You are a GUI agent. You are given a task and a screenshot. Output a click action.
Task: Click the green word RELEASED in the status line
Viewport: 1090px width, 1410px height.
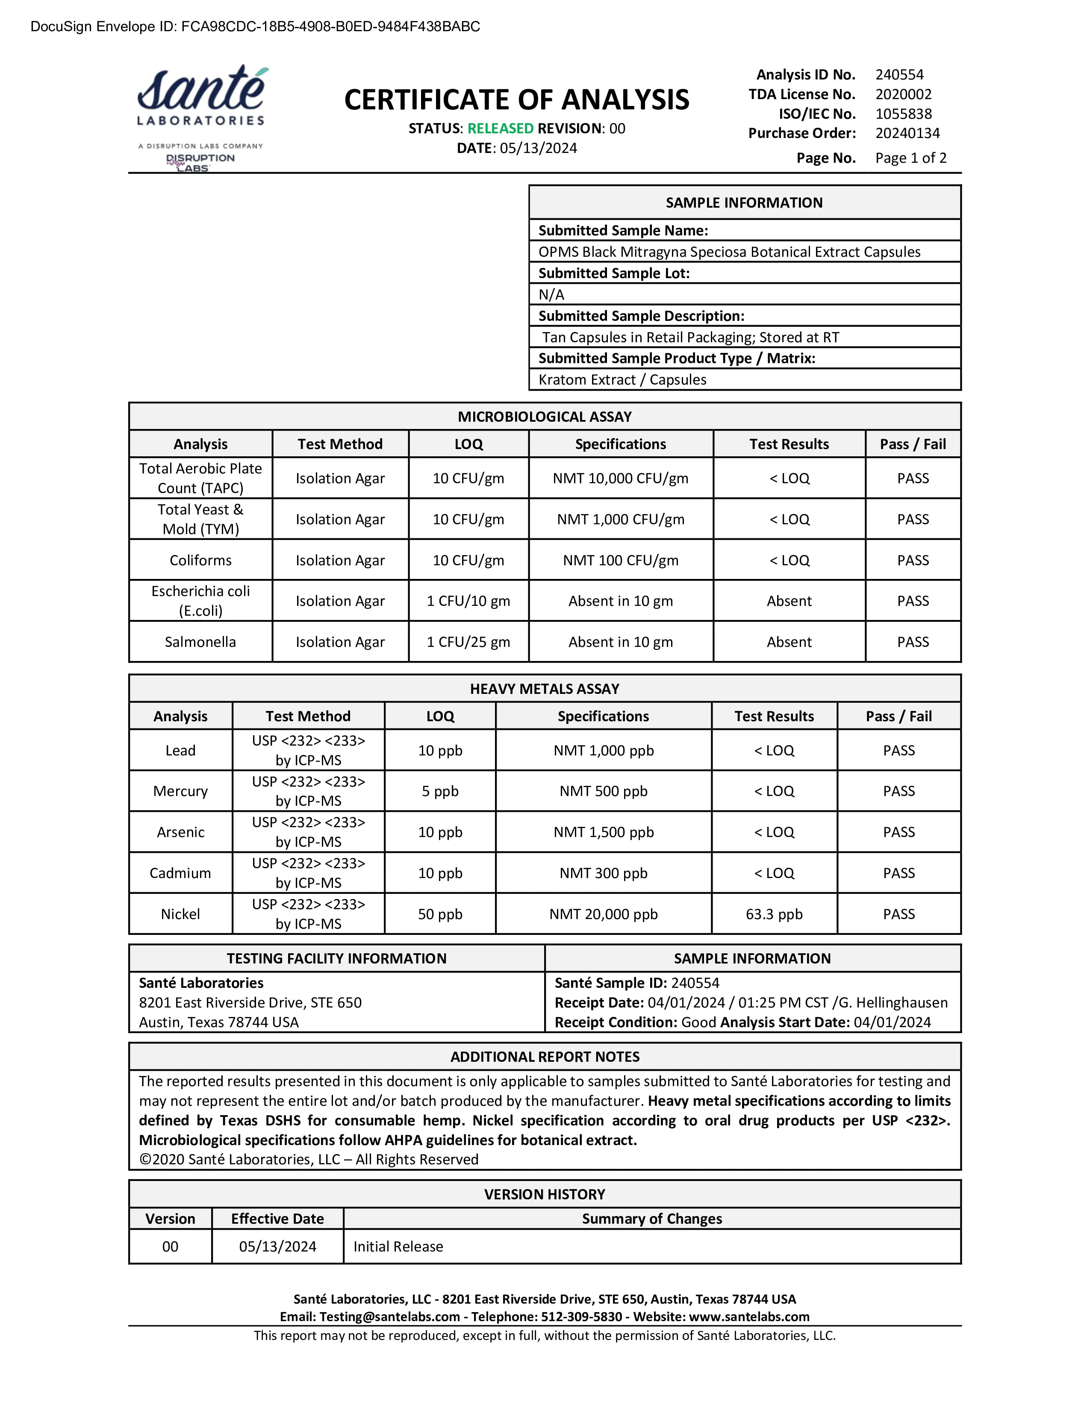[501, 129]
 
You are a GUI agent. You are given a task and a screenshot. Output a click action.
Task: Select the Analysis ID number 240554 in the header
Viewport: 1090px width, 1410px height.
[899, 75]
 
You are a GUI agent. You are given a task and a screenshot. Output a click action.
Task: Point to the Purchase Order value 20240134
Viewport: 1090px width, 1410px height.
[907, 134]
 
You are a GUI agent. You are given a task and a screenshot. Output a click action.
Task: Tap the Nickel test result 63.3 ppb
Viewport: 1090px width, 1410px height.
[774, 914]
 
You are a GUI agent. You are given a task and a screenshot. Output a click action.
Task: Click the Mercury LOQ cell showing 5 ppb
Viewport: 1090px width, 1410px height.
[440, 791]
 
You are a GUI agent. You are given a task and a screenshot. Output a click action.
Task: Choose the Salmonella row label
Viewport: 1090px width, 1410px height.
[200, 642]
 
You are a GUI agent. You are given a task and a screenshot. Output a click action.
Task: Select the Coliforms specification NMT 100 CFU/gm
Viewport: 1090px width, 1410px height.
[621, 561]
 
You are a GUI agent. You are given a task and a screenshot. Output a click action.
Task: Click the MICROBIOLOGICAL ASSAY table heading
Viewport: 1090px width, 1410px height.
[544, 417]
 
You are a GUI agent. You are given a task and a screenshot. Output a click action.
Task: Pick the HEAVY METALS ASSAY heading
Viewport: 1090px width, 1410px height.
[544, 689]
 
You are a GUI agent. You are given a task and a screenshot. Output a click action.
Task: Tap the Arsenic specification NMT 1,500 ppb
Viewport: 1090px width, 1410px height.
[603, 832]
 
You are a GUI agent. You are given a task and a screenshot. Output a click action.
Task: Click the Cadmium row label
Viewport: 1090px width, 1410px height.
[180, 873]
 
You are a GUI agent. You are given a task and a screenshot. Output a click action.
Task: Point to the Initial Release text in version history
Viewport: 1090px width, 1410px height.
[398, 1247]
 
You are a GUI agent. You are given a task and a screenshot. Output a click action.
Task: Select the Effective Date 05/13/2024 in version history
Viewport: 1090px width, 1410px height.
[278, 1247]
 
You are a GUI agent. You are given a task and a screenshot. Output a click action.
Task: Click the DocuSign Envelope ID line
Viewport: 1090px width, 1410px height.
[255, 26]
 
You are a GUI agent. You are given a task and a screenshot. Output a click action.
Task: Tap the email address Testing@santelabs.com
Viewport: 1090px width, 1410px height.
[389, 1317]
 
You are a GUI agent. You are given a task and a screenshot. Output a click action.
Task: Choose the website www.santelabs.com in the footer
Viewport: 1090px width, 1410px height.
[749, 1317]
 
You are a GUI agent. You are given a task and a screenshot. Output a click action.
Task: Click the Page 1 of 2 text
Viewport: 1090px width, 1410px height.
[910, 158]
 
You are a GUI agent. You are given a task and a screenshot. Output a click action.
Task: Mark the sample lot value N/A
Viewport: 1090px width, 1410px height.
[551, 295]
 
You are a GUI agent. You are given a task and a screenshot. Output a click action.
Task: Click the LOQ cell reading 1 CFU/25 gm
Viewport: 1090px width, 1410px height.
[468, 642]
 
